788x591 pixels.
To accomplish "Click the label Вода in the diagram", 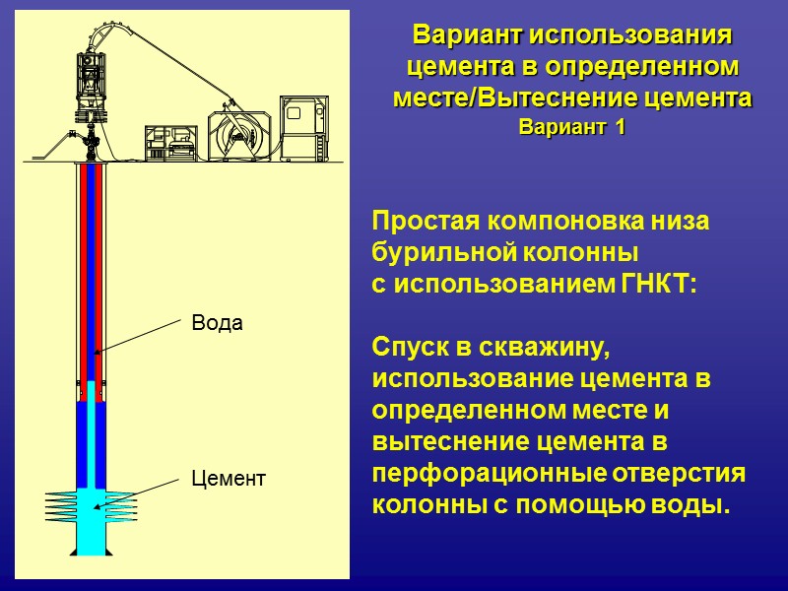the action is click(216, 323).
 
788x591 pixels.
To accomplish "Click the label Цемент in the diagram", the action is click(228, 480).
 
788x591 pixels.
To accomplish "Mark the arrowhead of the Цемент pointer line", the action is click(96, 507).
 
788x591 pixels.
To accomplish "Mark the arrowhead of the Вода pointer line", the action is click(97, 353).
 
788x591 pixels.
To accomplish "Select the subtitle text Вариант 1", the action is click(571, 128).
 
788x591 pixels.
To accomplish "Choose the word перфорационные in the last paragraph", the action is click(491, 474).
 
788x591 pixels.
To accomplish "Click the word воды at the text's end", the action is click(700, 505).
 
